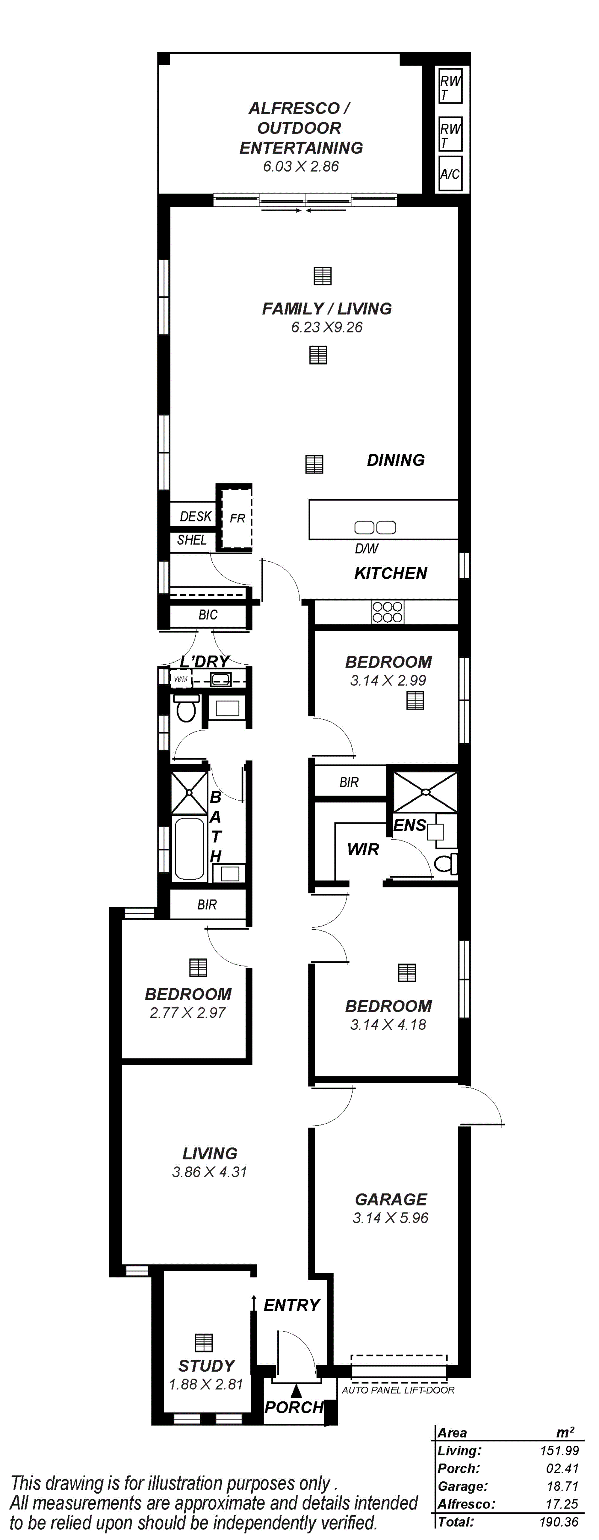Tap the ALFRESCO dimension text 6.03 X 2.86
(301, 166)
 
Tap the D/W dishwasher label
(367, 548)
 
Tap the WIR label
(363, 849)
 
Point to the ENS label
(409, 826)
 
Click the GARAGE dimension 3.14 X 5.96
(390, 1218)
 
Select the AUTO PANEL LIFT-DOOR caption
(398, 1390)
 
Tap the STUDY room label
(206, 1366)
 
